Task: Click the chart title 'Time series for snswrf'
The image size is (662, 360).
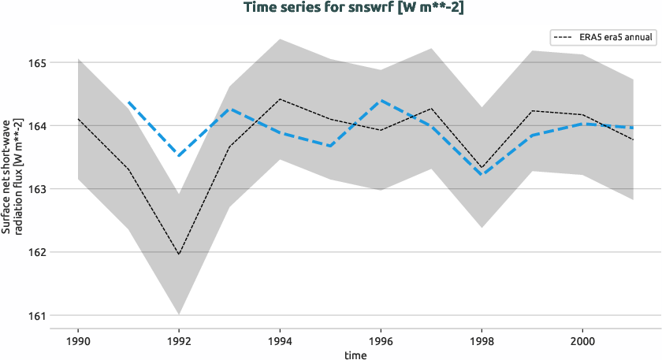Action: (x=330, y=8)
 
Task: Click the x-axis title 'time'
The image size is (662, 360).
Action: (x=355, y=354)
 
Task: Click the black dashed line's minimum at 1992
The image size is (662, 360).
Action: (x=179, y=254)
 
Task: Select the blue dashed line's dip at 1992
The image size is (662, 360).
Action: (x=179, y=156)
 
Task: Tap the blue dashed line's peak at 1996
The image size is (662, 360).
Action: (x=381, y=101)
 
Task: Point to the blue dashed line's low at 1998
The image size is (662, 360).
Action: (x=482, y=174)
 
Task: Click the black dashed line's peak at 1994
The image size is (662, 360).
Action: (x=280, y=99)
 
